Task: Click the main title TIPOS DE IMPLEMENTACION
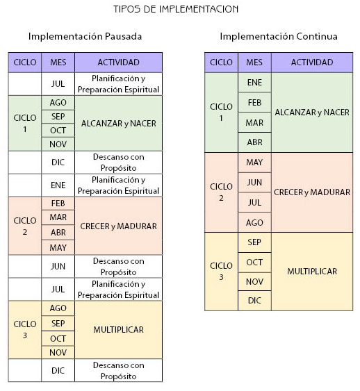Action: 176,9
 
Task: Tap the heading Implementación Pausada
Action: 85,36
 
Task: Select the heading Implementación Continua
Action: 279,36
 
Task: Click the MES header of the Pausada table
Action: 58,63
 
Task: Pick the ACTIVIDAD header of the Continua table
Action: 312,63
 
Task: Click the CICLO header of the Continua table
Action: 221,63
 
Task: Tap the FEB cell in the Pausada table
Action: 58,203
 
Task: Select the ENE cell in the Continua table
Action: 254,83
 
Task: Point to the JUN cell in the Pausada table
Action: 58,266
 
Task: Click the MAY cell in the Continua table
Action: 254,163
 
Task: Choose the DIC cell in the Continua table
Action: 254,301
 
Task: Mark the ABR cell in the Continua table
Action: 254,142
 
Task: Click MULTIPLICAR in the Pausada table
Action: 119,330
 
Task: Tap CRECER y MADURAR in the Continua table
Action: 312,192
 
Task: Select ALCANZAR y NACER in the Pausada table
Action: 119,124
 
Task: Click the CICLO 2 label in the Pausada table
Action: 25,226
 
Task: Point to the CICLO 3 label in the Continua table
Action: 221,272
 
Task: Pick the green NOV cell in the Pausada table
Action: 58,144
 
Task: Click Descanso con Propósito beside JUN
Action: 119,267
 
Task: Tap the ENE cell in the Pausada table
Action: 58,185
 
